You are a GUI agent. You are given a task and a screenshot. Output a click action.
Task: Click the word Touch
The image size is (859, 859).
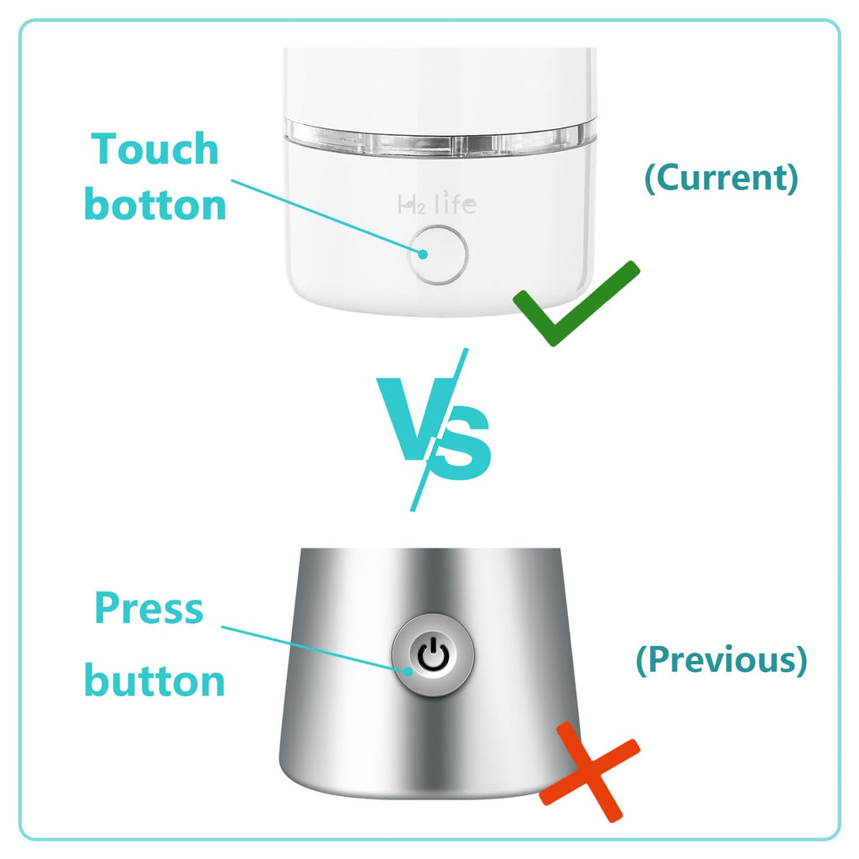pos(156,149)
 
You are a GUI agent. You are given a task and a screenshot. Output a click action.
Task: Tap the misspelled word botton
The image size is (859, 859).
pos(156,205)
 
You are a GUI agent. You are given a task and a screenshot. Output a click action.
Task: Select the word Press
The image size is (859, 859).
pos(149,608)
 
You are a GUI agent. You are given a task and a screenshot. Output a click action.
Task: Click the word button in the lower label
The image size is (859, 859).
pos(155,680)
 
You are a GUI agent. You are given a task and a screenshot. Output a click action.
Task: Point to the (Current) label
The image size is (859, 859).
pos(721,178)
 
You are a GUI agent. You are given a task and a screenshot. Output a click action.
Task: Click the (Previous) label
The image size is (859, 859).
pos(721,660)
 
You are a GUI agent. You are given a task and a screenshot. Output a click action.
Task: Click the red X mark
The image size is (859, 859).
pos(589,769)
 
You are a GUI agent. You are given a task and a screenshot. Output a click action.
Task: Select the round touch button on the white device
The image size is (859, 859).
pos(438,254)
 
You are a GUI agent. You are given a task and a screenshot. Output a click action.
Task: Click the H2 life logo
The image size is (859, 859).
pos(436,203)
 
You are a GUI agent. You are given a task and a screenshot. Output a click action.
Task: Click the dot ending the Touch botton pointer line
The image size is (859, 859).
pos(424,254)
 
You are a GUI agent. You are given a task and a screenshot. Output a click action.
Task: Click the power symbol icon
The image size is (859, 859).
pos(433,656)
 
